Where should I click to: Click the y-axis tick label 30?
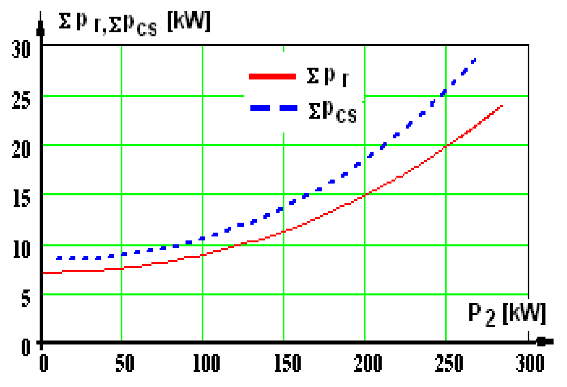click(21, 49)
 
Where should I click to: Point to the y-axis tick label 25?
click(21, 101)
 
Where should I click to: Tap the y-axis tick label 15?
click(21, 199)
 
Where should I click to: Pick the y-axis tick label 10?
click(21, 249)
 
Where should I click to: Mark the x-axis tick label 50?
click(124, 363)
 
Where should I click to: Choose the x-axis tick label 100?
click(206, 363)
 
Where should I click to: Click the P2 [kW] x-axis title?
click(507, 314)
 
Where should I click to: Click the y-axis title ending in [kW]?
click(134, 23)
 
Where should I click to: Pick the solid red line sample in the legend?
click(272, 76)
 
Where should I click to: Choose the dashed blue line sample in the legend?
click(274, 108)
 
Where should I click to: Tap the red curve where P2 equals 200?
click(365, 196)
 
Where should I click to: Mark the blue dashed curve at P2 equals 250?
click(444, 93)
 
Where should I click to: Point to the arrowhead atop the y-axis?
click(41, 28)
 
